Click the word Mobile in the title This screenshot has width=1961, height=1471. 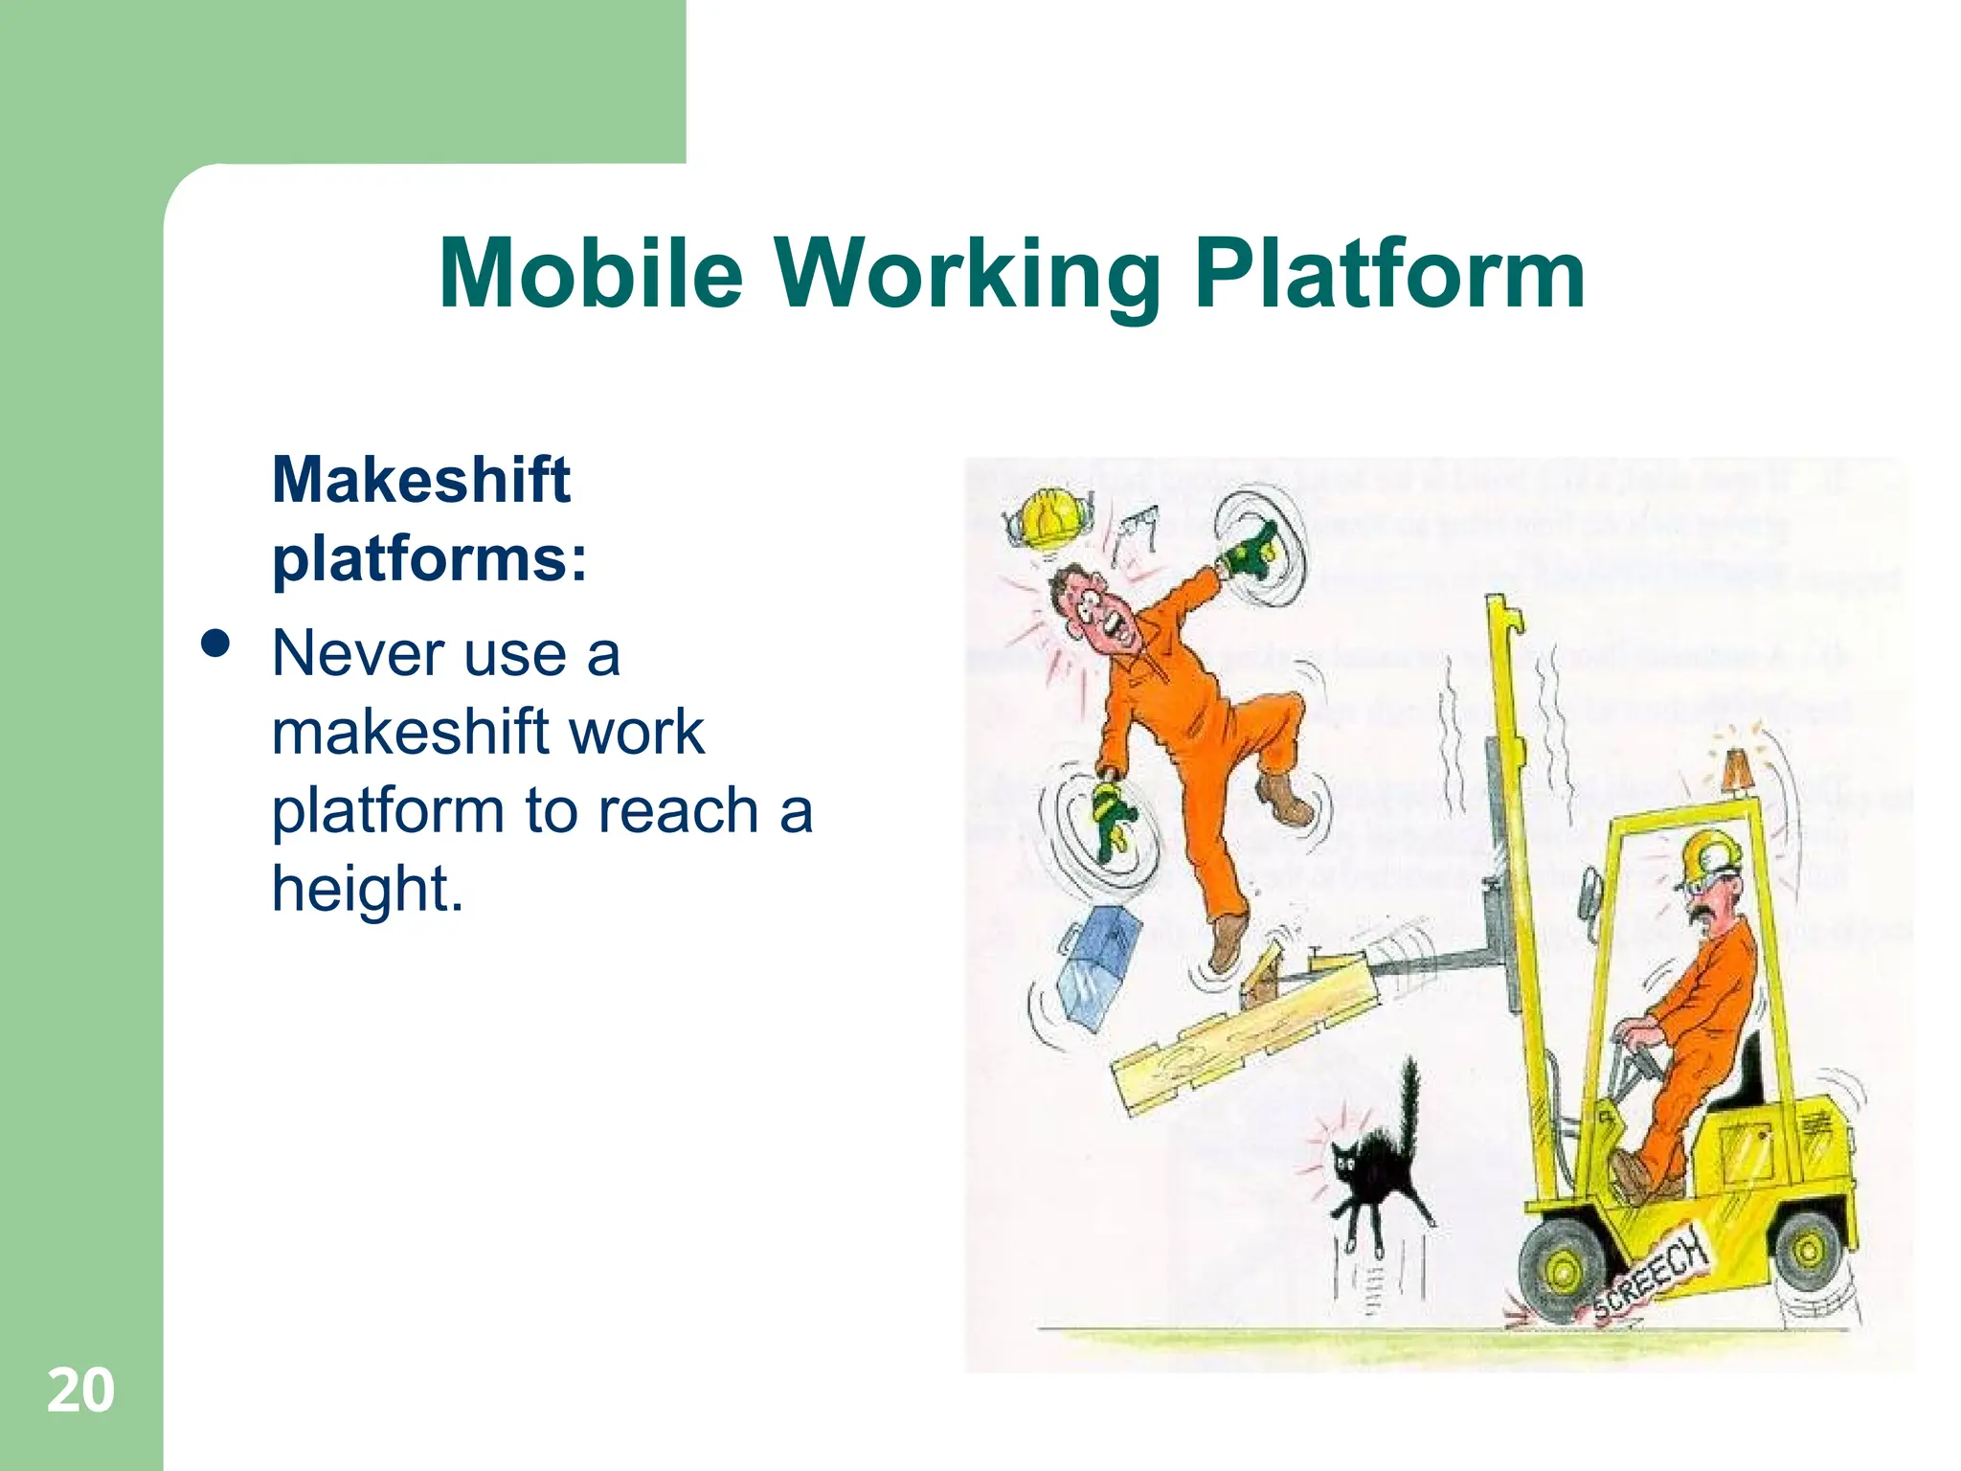coord(591,274)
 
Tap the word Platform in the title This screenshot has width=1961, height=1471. coord(1390,274)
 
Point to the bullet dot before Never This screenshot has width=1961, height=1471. coord(216,644)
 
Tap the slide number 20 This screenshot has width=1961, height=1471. coord(80,1391)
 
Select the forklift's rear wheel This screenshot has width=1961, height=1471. coord(1809,1251)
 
